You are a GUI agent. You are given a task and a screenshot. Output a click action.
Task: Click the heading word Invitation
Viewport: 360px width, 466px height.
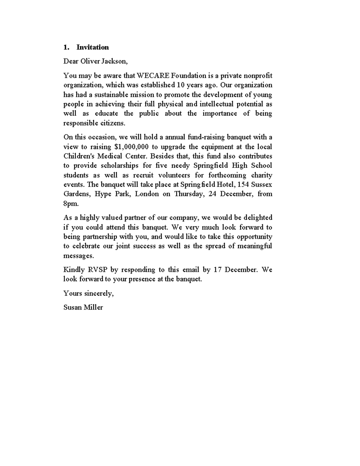(x=92, y=47)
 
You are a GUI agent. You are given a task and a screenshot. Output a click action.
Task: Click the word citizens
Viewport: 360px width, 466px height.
(x=112, y=123)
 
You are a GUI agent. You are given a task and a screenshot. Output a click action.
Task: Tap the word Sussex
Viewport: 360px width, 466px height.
(x=262, y=184)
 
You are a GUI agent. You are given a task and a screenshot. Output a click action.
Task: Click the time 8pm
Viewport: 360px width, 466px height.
(x=71, y=203)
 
